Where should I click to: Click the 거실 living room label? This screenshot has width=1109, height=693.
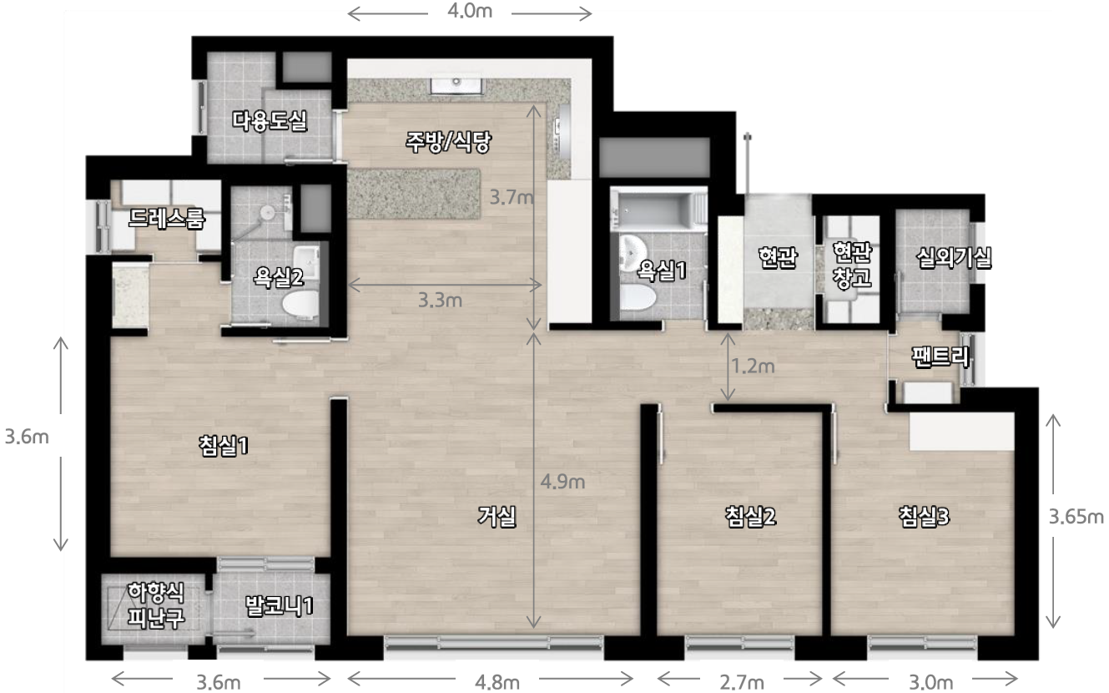click(497, 517)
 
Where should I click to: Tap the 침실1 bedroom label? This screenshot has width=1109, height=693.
click(223, 445)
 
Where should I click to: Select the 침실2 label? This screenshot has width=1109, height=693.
click(750, 517)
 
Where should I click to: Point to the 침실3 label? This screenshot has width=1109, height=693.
click(924, 517)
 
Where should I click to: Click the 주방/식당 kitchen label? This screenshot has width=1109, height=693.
click(448, 142)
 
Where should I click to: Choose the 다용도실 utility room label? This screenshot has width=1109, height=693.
click(270, 120)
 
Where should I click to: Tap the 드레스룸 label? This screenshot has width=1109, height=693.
click(166, 218)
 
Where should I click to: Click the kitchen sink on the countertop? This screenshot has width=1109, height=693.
click(456, 84)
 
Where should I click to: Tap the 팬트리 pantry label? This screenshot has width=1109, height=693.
click(940, 357)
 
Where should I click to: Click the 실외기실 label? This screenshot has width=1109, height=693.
click(954, 258)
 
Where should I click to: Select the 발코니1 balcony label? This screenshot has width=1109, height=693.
click(280, 605)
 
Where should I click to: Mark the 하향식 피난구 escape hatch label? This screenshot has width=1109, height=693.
click(156, 604)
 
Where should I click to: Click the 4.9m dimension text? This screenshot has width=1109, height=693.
click(562, 482)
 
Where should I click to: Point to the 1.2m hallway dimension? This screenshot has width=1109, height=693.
click(753, 366)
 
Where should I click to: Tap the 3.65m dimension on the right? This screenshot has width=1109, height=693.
click(1076, 517)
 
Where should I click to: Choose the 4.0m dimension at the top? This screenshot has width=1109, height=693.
click(470, 12)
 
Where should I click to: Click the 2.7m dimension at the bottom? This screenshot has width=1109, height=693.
click(742, 683)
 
